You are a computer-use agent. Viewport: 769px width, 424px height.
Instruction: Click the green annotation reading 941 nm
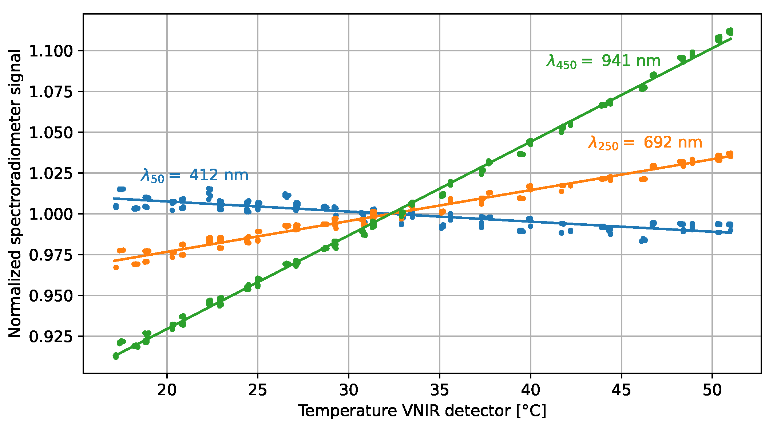pos(603,61)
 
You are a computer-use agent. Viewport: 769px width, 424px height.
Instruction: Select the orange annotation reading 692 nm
pos(645,143)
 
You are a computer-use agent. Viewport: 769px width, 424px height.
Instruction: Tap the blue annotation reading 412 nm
pos(194,176)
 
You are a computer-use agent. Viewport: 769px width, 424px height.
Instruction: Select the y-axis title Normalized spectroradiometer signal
pos(15,193)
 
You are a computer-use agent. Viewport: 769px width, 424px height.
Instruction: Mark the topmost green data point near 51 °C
pos(730,31)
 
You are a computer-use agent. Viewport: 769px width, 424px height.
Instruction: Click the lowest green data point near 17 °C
pos(116,356)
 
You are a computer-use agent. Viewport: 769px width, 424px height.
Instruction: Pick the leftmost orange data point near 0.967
pos(116,267)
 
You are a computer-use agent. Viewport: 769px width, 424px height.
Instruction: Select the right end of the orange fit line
pos(731,156)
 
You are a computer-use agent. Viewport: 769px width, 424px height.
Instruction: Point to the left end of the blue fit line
pos(114,199)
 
